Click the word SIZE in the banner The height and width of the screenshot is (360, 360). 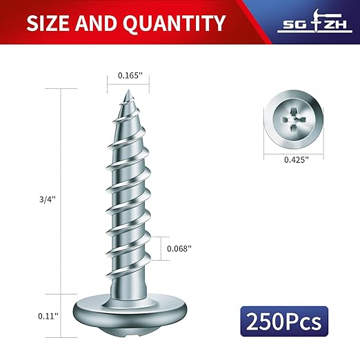coord(48,23)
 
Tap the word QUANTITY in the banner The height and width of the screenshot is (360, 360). coord(174,23)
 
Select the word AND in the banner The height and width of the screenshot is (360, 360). coord(96,23)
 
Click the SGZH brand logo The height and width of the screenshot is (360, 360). coord(314,21)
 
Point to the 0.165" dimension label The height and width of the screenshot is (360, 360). coord(130,75)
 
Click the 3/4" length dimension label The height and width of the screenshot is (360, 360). coord(48,199)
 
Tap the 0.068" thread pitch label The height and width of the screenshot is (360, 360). coord(179,248)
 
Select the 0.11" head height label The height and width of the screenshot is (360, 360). coord(47,316)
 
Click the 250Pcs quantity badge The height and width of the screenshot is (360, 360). coord(284,321)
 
